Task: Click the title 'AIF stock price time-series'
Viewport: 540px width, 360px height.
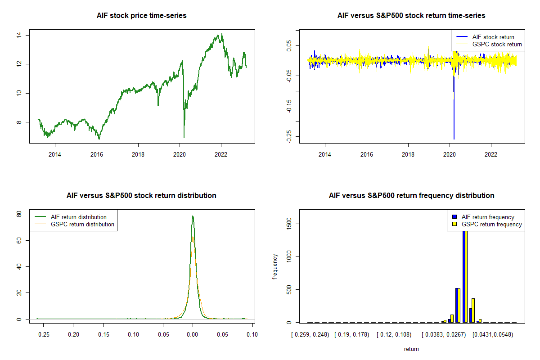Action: [141, 16]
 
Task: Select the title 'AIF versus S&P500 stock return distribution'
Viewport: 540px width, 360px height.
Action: [141, 196]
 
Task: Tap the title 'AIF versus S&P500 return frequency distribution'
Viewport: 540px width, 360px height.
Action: [411, 196]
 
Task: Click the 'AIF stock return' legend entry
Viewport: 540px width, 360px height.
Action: [493, 37]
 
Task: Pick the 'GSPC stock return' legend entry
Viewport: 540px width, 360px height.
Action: [497, 44]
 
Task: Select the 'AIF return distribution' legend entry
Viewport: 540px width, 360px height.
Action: [78, 217]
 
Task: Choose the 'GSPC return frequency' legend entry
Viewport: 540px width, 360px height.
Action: [491, 224]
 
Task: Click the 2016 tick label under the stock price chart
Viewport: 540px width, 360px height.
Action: [97, 154]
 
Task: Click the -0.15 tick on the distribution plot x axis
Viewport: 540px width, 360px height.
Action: [103, 334]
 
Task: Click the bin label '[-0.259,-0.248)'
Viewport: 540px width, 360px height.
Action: [310, 334]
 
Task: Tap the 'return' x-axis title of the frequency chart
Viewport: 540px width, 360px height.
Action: [411, 349]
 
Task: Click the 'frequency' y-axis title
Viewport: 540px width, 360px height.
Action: [275, 266]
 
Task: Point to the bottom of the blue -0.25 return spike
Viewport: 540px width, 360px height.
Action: [454, 139]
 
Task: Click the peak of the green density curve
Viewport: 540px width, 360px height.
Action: [193, 216]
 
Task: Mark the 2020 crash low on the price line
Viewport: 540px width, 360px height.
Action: [184, 138]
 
